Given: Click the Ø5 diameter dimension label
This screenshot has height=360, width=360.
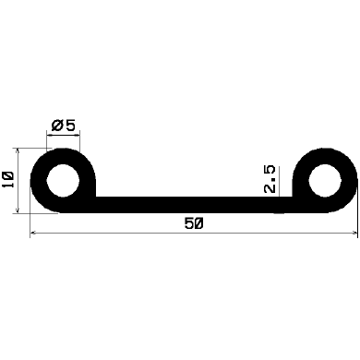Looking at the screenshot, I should click(63, 125).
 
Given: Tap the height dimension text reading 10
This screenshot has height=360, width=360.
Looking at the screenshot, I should click(8, 179).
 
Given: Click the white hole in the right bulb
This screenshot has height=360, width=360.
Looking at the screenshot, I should click(324, 179).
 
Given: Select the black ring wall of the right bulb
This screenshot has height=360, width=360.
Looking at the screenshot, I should click(348, 180).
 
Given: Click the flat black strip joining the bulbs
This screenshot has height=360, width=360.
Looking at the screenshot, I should click(185, 204).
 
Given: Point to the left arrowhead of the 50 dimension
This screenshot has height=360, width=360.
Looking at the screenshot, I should click(35, 234).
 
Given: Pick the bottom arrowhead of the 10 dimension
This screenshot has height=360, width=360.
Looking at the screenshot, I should click(18, 209).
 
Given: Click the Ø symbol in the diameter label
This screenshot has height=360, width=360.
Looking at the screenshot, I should click(56, 125).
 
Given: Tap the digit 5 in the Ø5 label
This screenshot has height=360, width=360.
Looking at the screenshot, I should click(69, 125).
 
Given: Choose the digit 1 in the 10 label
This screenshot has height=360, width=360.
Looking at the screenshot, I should click(8, 186).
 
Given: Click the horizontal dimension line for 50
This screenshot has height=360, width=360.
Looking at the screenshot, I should click(120, 234).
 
